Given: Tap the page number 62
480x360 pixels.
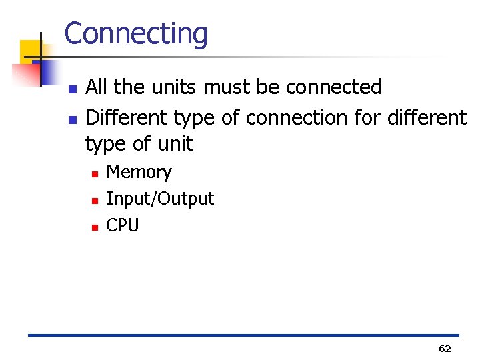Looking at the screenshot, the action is [445, 348].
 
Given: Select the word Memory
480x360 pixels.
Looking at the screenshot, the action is [139, 172].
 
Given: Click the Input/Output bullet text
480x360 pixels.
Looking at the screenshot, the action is [160, 199].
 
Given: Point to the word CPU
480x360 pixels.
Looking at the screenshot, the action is [123, 225].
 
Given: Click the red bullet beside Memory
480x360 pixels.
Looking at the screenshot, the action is [95, 173].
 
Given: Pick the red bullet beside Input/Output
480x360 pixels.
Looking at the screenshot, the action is [95, 200].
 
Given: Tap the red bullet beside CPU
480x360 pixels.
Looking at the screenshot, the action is [95, 227].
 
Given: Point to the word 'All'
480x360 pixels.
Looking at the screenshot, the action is [97, 87].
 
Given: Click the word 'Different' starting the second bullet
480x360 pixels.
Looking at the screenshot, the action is [127, 118].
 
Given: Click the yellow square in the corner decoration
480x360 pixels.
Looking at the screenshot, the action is [30, 49].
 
